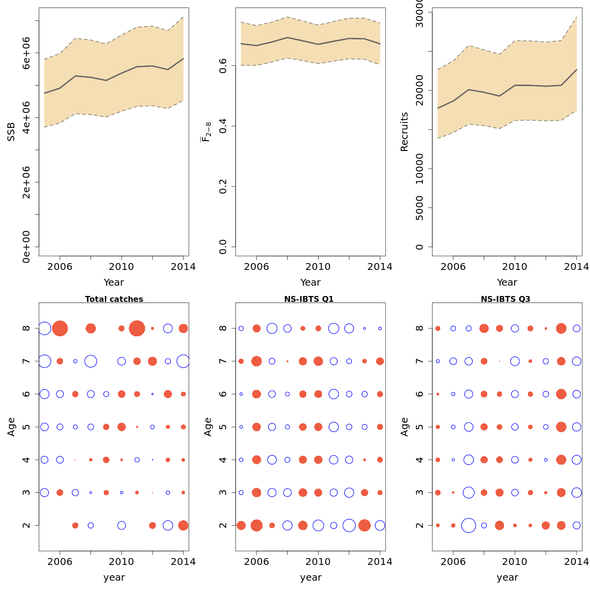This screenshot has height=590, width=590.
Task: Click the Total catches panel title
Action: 114,299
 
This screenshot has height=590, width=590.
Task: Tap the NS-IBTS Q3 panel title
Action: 505,299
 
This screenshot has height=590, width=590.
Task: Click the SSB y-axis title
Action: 11,132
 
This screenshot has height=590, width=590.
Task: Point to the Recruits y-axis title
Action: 404,132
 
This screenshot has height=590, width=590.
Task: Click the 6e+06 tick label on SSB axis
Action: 27,53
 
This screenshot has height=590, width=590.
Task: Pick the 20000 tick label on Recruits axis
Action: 419,90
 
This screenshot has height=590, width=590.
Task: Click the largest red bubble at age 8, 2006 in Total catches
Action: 60,328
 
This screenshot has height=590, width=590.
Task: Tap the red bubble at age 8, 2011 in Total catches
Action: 137,328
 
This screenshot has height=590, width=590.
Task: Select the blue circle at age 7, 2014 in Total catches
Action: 183,361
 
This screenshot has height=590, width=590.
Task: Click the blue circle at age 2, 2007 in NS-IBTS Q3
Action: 469,525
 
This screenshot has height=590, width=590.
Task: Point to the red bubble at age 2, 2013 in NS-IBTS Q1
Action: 364,525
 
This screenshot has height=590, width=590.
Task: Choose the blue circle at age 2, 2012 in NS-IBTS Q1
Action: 349,525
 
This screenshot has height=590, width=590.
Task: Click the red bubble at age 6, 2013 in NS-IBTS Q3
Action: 561,394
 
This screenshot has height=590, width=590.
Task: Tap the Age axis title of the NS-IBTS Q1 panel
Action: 208,427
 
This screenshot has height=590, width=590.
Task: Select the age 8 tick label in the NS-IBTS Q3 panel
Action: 419,328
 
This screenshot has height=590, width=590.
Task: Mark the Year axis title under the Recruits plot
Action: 507,282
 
